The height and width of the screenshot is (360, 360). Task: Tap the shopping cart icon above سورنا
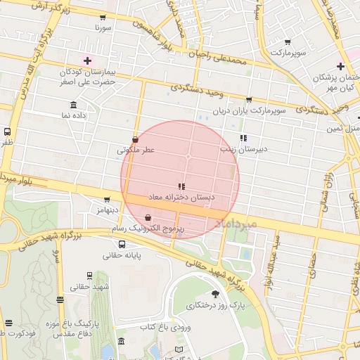coord(103,18)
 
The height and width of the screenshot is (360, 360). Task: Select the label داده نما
coord(72,114)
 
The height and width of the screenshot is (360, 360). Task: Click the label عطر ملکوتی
coord(136,150)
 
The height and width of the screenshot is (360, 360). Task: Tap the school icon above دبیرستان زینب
coord(243,138)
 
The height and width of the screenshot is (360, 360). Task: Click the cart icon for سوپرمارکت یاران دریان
coord(248,100)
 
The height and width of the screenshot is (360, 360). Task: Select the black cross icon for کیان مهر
coord(340,67)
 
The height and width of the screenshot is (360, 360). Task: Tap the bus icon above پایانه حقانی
coord(122,245)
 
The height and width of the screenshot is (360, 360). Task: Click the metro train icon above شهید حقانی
coord(89,276)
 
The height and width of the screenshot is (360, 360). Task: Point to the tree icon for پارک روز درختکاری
coord(214,294)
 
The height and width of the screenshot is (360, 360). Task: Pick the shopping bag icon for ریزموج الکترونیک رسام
coord(148,219)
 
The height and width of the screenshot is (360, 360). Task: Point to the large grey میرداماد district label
coord(238,222)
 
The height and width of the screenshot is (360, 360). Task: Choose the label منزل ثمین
coord(343,129)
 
